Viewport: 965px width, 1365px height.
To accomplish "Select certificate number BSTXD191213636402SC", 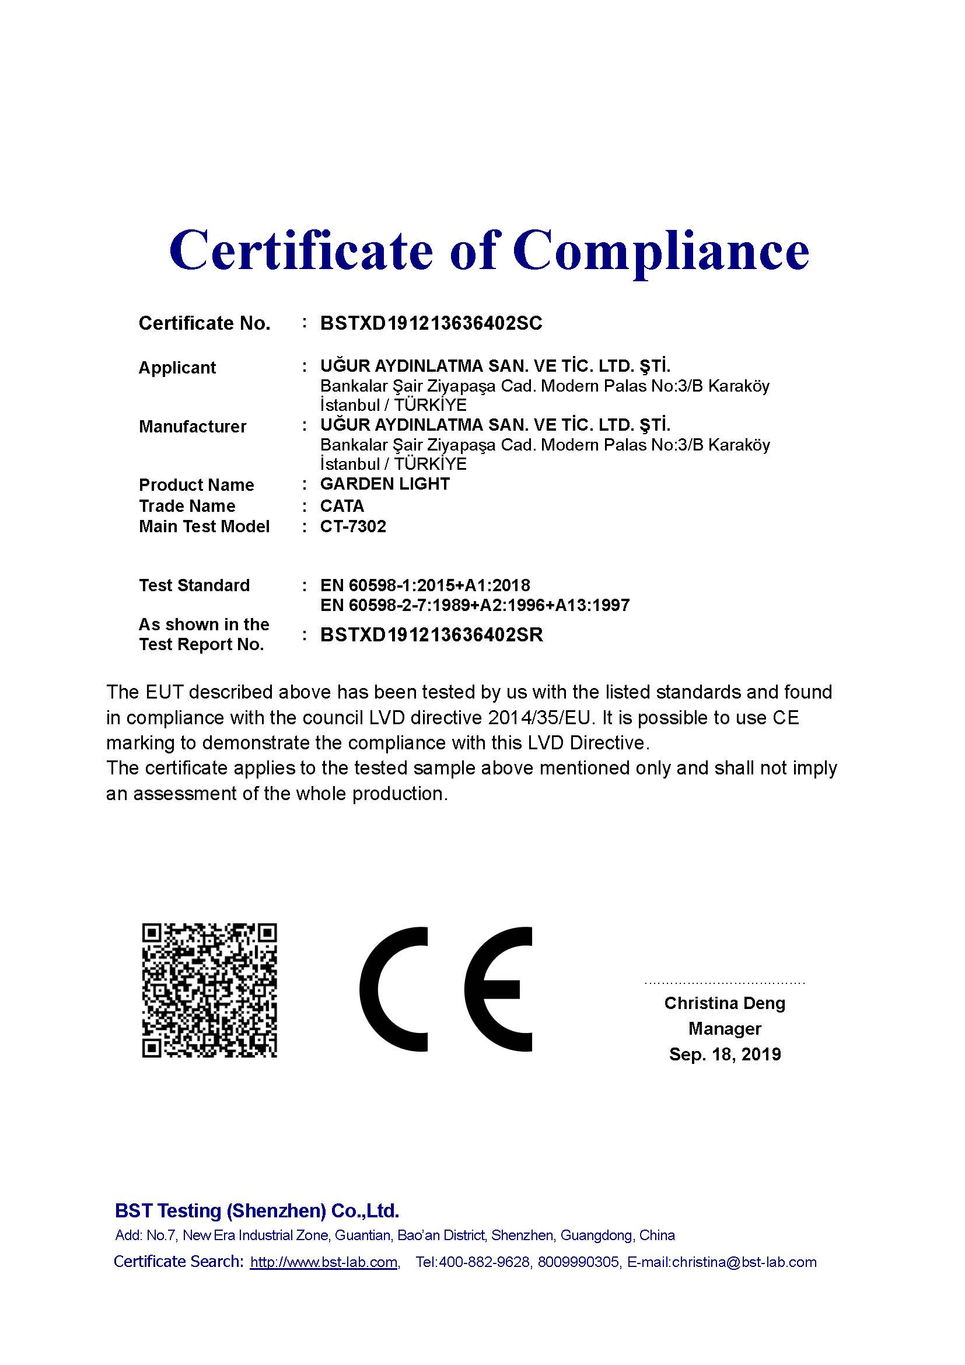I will point(431,323).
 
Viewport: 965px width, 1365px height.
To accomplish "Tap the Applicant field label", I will point(177,368).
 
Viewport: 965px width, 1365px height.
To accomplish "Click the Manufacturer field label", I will point(192,426).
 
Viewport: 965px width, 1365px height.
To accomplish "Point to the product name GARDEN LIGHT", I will point(384,484).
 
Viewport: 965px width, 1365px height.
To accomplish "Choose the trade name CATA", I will point(342,506).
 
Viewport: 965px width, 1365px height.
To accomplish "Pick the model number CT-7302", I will point(353,527).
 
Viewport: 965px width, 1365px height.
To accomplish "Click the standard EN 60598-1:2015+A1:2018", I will point(425,585).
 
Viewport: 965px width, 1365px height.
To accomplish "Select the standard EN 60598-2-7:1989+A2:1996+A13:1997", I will point(475,606).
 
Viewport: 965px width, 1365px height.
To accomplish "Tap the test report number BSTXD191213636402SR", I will point(431,635).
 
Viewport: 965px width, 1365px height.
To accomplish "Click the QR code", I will point(209,990).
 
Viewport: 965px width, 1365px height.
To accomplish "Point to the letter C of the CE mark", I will point(393,990).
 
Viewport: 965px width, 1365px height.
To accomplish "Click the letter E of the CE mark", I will point(498,990).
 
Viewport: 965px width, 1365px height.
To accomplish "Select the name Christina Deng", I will point(725,1004).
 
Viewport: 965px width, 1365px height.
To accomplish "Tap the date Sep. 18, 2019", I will point(725,1055).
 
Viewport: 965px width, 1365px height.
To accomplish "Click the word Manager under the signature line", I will point(725,1029).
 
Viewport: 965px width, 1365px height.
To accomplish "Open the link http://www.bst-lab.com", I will point(323,1262).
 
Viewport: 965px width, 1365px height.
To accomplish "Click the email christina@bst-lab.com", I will point(744,1262).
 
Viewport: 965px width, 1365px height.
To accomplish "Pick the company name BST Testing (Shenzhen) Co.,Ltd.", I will point(257,1211).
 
